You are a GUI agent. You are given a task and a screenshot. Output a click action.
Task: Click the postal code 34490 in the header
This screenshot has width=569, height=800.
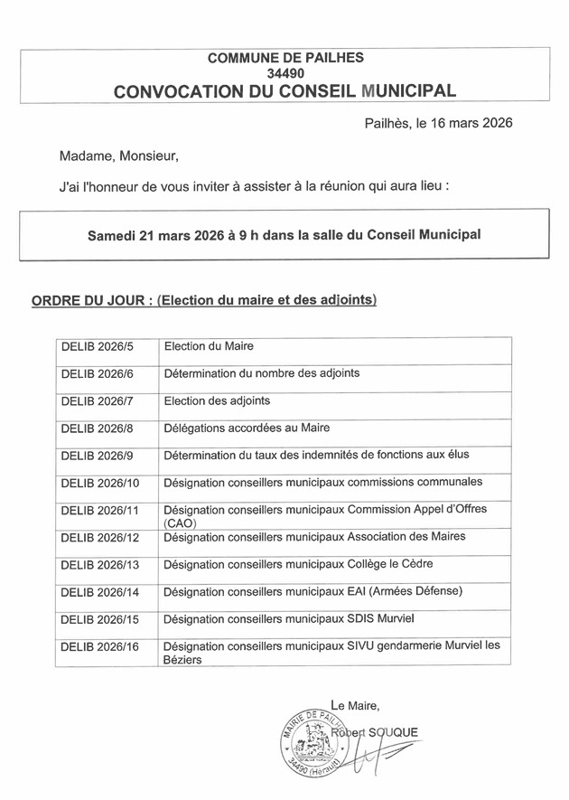coord(284,73)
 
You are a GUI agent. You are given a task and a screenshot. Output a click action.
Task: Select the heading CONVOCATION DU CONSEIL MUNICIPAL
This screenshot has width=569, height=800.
coord(284,91)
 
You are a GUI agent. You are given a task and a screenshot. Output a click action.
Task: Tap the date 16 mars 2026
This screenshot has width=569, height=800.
coord(464,123)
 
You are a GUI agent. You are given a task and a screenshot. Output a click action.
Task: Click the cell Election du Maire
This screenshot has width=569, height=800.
coord(209,346)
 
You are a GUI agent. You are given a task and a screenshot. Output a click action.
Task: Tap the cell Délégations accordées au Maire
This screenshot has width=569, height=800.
coord(247,428)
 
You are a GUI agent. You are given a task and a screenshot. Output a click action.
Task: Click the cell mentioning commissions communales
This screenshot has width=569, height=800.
coord(322,482)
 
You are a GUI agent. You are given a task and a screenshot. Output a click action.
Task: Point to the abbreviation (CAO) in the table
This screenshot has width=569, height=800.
coord(180,523)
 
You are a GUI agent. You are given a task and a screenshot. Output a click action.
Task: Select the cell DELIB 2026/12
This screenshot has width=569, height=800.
coord(100,537)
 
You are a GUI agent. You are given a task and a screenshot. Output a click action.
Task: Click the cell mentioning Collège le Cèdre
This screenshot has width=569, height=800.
coord(298,565)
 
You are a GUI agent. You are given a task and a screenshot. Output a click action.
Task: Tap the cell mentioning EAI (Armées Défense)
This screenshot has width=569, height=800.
coord(312,592)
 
